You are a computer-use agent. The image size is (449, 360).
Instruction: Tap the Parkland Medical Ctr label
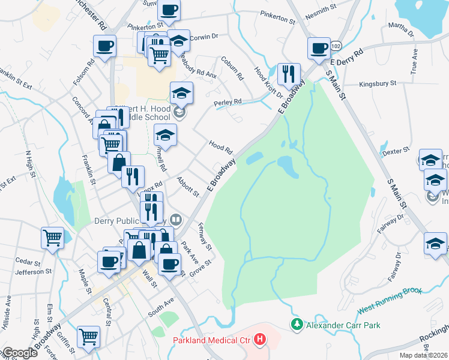(x=213, y=340)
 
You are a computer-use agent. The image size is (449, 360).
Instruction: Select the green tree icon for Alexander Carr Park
(x=296, y=325)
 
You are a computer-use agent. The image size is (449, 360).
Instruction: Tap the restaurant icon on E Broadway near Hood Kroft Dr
(x=289, y=74)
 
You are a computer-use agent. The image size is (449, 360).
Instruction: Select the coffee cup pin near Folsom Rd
(x=104, y=46)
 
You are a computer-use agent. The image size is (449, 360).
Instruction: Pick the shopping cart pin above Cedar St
(x=52, y=237)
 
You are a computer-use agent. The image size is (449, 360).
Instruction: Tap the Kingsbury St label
(x=378, y=84)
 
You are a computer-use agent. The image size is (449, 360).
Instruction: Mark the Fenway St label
(x=205, y=237)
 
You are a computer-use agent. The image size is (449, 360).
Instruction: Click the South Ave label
(x=161, y=308)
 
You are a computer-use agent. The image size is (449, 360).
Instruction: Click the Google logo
(x=19, y=353)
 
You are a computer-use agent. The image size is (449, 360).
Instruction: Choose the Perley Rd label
(x=229, y=102)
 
